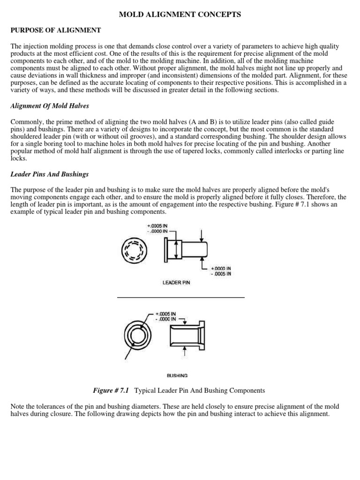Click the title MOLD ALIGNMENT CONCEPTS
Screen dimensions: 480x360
[x=180, y=15]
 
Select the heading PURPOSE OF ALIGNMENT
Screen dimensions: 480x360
[x=56, y=30]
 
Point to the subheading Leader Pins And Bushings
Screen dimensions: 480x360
[x=50, y=174]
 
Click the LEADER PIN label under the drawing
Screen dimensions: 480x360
[x=176, y=283]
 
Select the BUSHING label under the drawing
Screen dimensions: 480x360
[x=177, y=375]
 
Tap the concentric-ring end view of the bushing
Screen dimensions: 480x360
[x=137, y=336]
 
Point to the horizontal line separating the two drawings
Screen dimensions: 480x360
[x=180, y=297]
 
